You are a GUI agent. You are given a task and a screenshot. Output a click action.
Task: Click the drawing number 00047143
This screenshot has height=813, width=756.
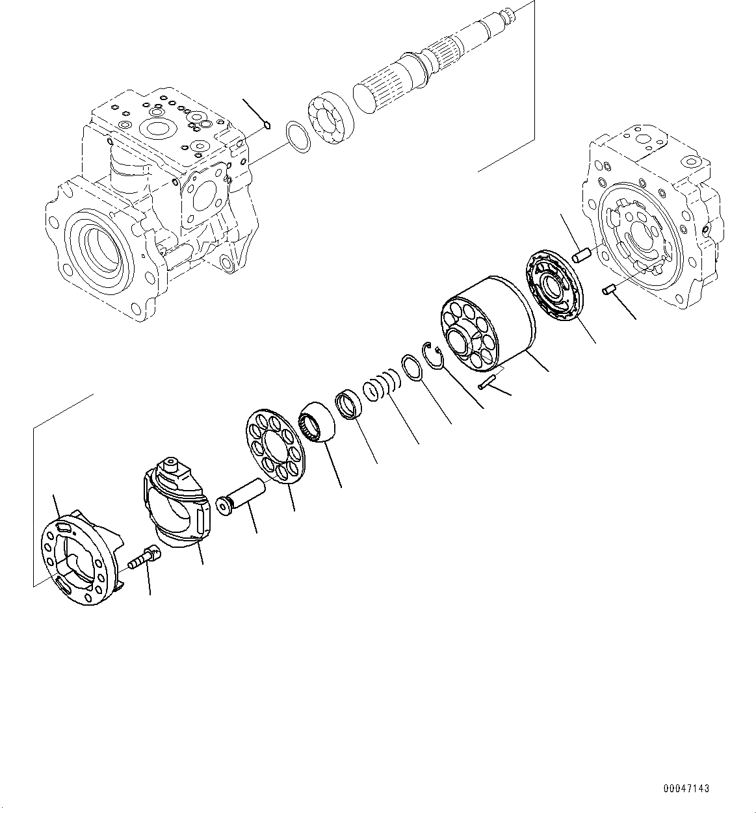686,788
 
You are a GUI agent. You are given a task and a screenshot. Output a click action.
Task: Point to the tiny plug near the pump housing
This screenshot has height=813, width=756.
267,125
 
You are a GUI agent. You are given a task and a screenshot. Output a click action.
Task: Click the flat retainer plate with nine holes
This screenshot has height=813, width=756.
276,447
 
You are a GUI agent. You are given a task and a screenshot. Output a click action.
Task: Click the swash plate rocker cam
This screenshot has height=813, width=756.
176,507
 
